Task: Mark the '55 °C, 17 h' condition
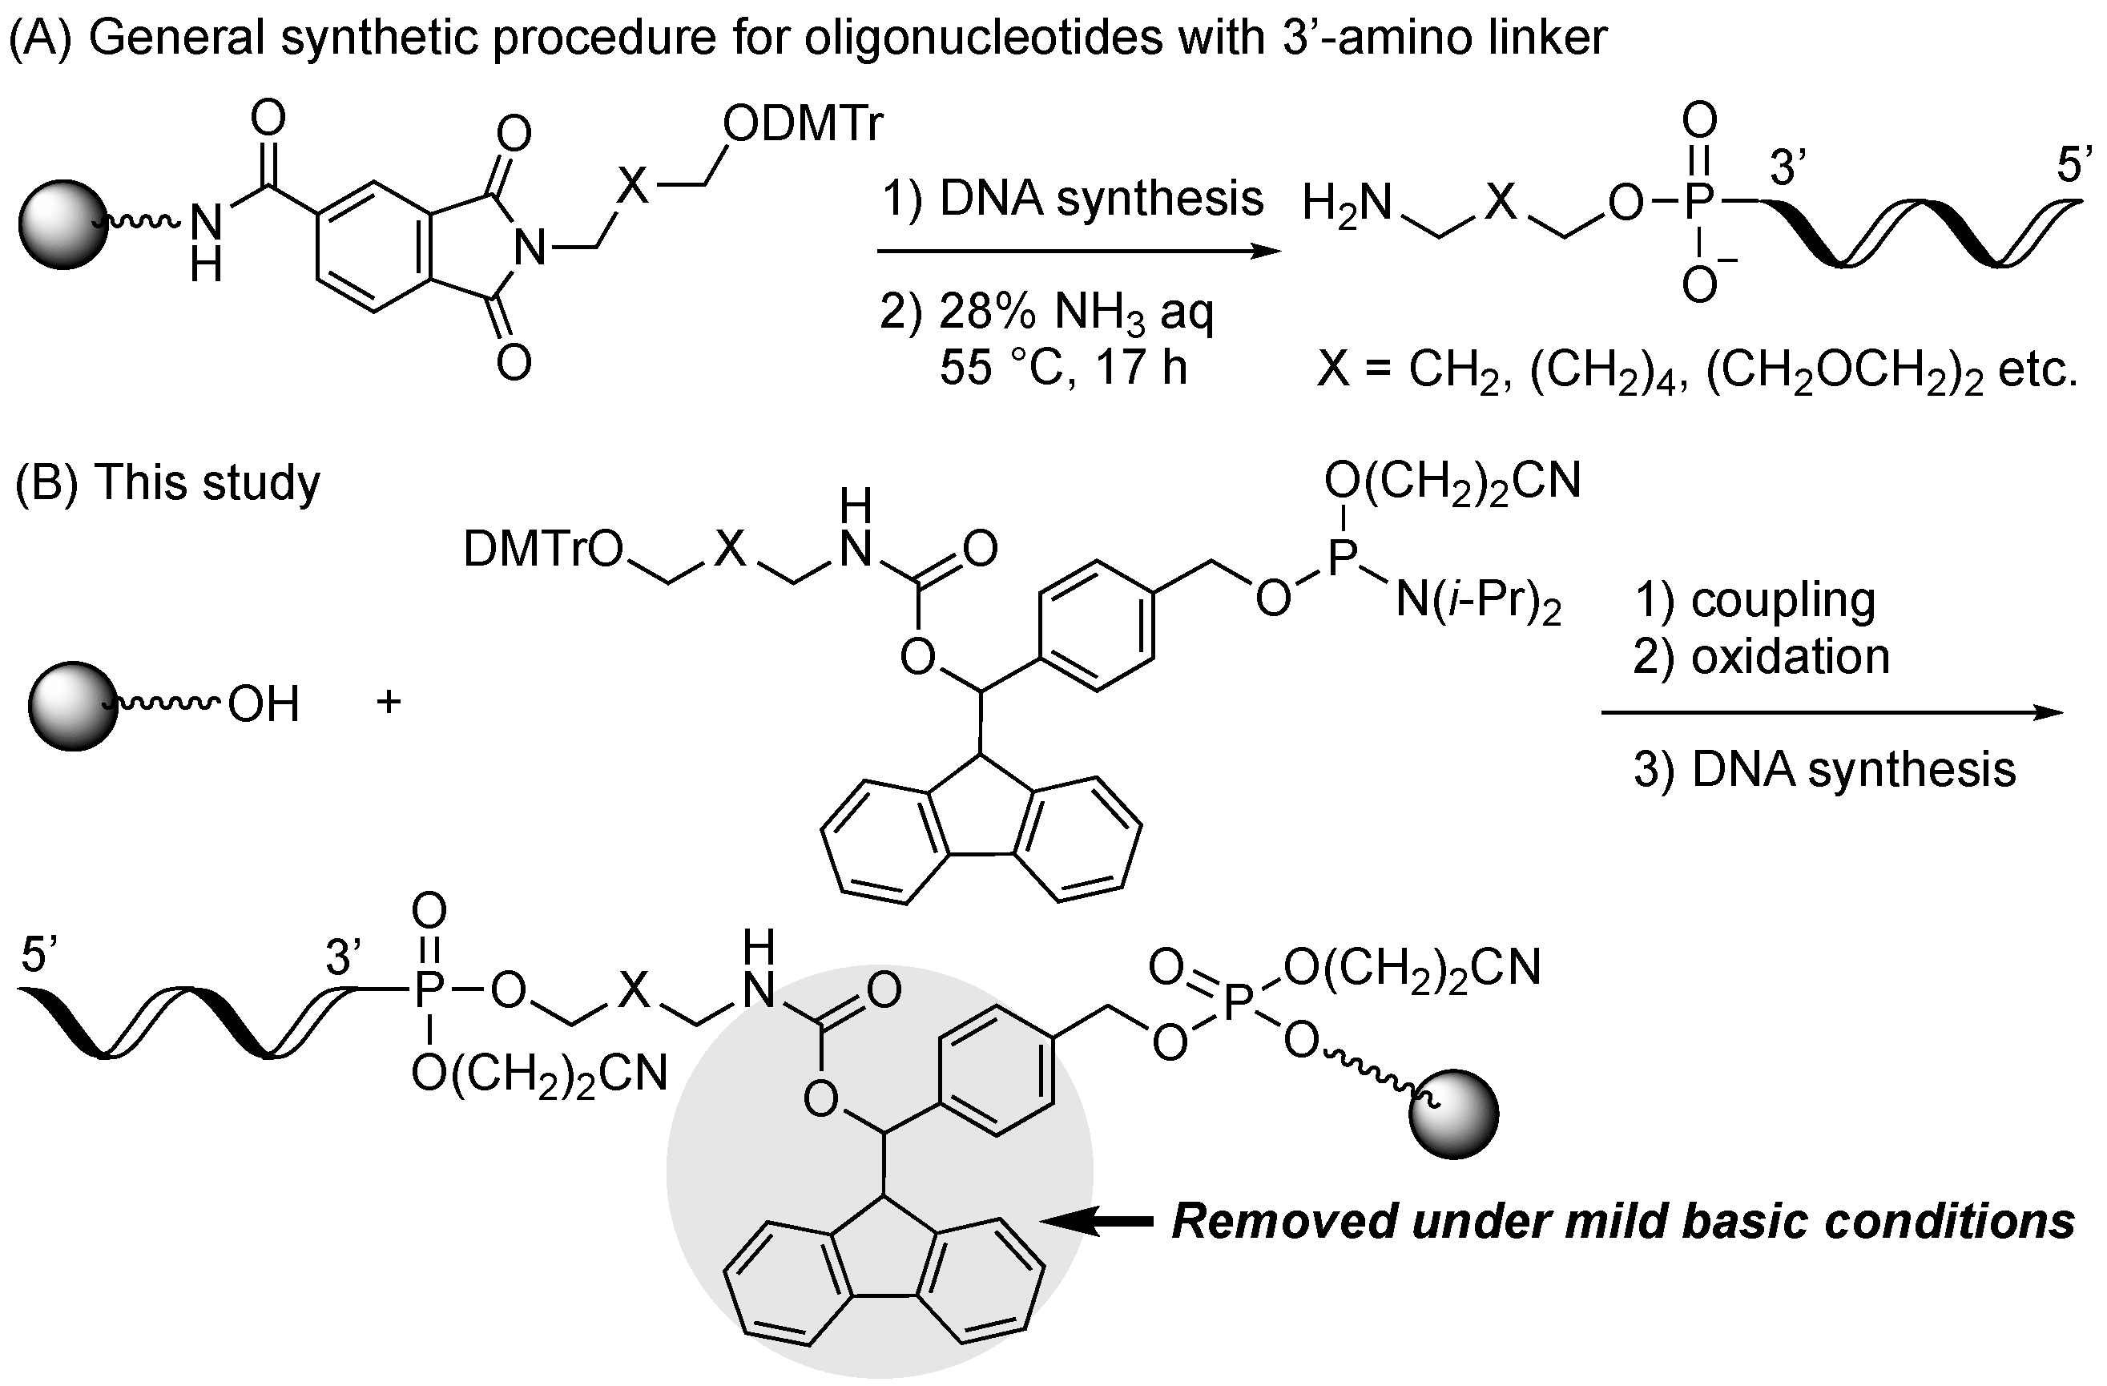(x=1062, y=366)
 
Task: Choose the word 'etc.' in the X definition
(x=2036, y=369)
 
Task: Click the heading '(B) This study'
(x=167, y=483)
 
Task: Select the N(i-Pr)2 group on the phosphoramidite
(x=1477, y=602)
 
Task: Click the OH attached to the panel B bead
(x=264, y=705)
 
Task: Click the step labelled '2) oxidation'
(x=1761, y=657)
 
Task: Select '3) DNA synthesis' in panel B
(x=1823, y=768)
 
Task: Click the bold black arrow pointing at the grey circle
(x=1098, y=1223)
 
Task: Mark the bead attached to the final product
(x=1452, y=1114)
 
